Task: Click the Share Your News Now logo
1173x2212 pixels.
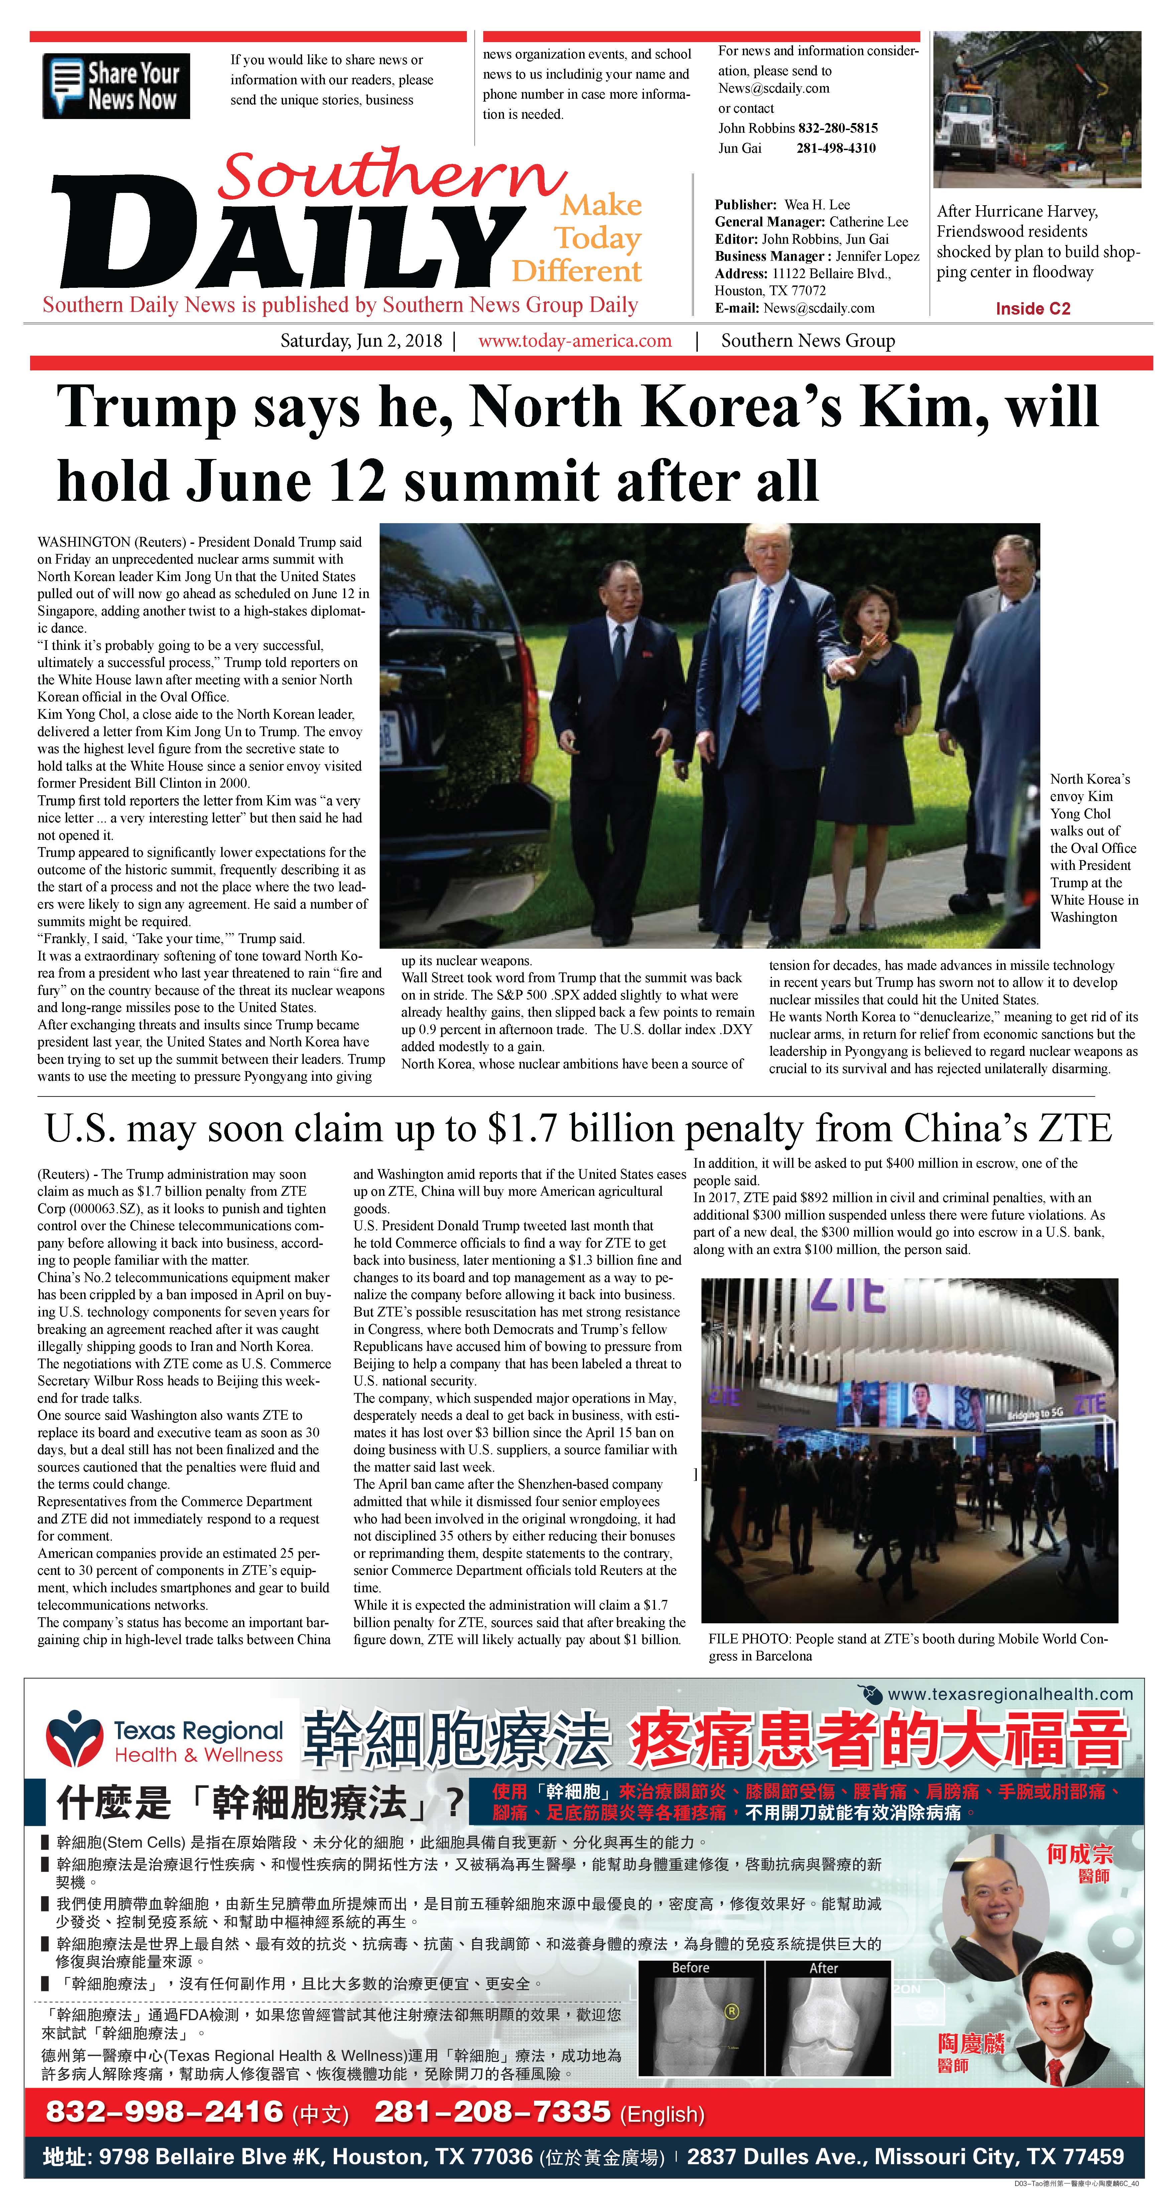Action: click(116, 86)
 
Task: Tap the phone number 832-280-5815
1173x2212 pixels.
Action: click(837, 128)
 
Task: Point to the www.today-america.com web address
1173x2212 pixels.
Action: click(574, 341)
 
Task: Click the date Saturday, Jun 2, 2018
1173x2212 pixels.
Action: click(361, 341)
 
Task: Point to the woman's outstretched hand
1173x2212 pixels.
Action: click(874, 640)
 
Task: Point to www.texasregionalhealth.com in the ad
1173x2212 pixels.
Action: click(1009, 1694)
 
